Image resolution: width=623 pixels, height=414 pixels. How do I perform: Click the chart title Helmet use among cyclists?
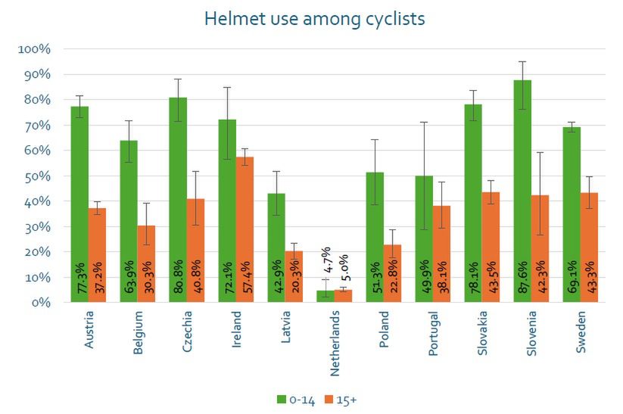[x=314, y=19]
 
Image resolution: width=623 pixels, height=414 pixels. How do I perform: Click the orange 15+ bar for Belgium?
[x=146, y=257]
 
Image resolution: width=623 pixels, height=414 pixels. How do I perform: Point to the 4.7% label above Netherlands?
[x=326, y=260]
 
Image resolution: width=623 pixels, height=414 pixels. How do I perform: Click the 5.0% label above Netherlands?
[x=344, y=266]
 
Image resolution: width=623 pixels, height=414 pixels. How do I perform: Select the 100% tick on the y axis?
[x=34, y=49]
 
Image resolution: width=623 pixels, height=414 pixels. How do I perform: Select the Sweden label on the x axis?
[x=581, y=325]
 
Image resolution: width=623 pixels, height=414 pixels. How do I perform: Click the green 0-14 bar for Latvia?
[x=276, y=242]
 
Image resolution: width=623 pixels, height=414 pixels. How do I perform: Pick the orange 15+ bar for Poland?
[x=392, y=269]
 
